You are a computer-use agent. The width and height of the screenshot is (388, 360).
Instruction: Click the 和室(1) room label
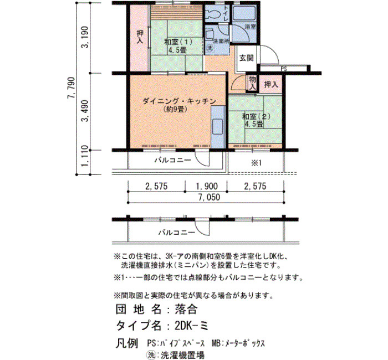pyautogui.click(x=178, y=42)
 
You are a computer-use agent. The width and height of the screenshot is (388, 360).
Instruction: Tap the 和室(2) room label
pyautogui.click(x=256, y=116)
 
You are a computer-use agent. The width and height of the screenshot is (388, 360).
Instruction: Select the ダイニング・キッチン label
pyautogui.click(x=180, y=101)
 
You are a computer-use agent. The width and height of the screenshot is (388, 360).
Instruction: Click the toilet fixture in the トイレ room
pyautogui.click(x=213, y=14)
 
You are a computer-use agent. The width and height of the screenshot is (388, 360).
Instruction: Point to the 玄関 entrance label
pyautogui.click(x=246, y=58)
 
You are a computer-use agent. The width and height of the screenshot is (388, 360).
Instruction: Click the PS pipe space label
pyautogui.click(x=284, y=69)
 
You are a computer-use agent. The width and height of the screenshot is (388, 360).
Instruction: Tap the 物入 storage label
pyautogui.click(x=252, y=83)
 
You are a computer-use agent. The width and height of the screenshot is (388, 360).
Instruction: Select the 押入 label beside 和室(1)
pyautogui.click(x=140, y=37)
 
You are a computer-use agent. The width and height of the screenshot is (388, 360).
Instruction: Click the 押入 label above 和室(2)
pyautogui.click(x=271, y=85)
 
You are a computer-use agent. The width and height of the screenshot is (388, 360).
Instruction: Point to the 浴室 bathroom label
pyautogui.click(x=250, y=27)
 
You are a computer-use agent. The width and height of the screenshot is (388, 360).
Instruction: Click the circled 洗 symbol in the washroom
pyautogui.click(x=210, y=48)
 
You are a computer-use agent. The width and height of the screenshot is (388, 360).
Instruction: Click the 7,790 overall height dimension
pyautogui.click(x=71, y=88)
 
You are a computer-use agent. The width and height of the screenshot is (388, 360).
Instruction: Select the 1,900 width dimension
pyautogui.click(x=207, y=186)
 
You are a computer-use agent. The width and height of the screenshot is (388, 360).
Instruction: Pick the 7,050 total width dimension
pyautogui.click(x=209, y=197)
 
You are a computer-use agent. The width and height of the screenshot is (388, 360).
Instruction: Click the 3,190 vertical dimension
pyautogui.click(x=85, y=37)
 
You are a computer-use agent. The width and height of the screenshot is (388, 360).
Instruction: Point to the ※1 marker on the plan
pyautogui.click(x=256, y=163)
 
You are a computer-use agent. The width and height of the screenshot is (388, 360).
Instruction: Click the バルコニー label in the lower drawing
pyautogui.click(x=177, y=233)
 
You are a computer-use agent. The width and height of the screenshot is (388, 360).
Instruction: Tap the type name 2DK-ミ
pyautogui.click(x=191, y=326)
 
